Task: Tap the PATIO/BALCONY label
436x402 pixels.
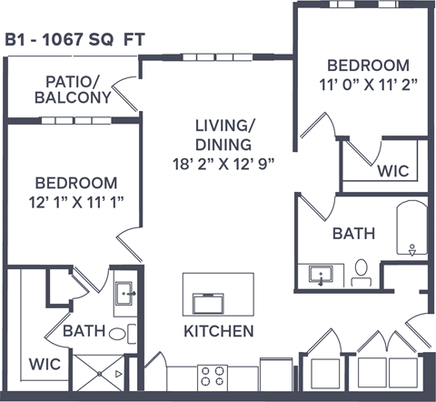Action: click(73, 88)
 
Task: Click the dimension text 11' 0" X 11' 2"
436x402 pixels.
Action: click(368, 85)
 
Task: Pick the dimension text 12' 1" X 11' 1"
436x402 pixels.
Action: click(75, 199)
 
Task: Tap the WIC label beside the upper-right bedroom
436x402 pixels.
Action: click(392, 170)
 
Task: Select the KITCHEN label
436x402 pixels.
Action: click(218, 330)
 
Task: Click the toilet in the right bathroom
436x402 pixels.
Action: click(361, 272)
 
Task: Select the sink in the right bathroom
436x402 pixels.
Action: click(321, 275)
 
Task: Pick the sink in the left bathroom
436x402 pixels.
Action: click(125, 293)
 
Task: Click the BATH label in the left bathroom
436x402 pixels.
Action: click(84, 331)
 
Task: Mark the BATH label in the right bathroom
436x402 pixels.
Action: click(353, 234)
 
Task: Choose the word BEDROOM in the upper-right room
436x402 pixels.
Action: click(368, 65)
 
